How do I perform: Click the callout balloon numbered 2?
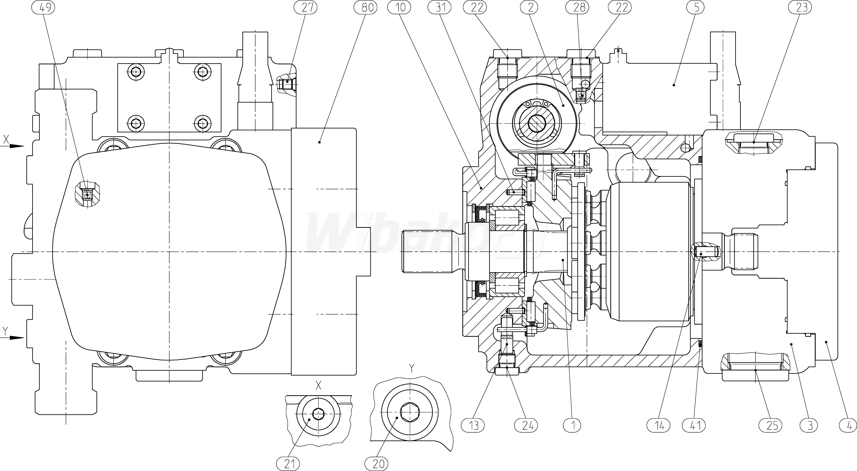(530, 7)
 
